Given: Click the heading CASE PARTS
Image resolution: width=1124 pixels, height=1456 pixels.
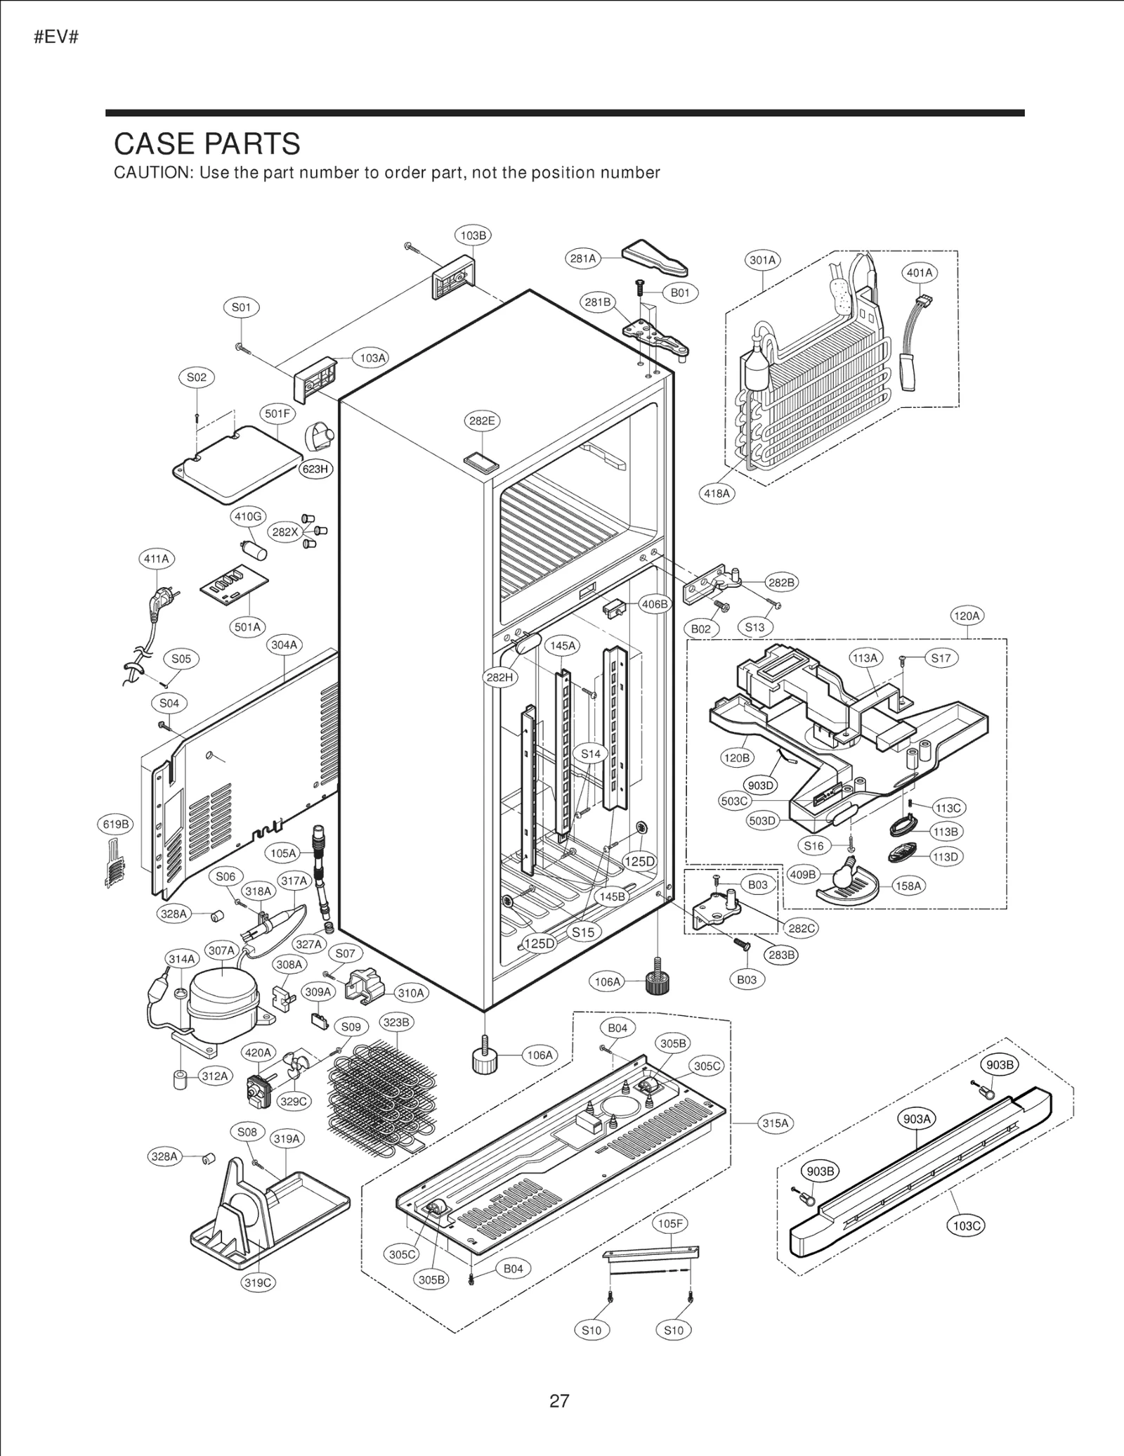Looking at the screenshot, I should tap(207, 144).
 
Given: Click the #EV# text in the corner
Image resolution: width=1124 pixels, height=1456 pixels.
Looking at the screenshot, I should tap(56, 37).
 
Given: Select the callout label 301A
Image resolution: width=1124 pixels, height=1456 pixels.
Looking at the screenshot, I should tap(762, 260).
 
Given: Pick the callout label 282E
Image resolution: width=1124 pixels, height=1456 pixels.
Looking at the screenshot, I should tap(482, 421).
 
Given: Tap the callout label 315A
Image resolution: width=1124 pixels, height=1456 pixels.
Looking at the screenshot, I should tap(776, 1123).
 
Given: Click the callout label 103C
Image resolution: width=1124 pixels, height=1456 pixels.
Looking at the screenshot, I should tap(967, 1226).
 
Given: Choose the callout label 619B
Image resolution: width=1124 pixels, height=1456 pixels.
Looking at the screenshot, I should tap(115, 824).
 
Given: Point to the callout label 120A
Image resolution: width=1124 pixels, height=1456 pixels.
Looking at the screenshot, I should tap(967, 616).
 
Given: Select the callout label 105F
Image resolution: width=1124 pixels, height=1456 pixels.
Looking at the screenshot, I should tap(669, 1223).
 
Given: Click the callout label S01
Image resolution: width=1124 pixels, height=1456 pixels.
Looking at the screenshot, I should tap(241, 307).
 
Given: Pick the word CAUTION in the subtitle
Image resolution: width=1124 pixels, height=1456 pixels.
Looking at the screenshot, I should tap(152, 173).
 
